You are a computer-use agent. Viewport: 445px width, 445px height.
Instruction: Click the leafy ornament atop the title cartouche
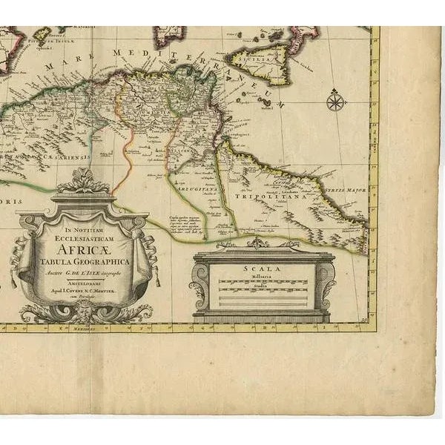(x=84, y=180)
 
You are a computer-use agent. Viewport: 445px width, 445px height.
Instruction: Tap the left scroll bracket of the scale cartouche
(x=200, y=286)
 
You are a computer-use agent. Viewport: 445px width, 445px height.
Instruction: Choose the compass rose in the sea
(x=336, y=99)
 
